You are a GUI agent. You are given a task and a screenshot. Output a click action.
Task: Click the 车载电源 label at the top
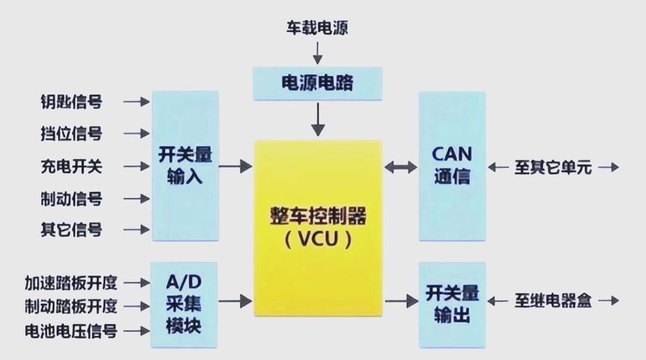[317, 28]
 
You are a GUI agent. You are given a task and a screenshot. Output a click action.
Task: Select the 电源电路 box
[317, 83]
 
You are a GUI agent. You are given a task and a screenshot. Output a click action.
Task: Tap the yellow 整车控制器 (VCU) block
[318, 228]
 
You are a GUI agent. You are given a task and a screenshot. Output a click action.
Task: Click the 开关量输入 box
[185, 166]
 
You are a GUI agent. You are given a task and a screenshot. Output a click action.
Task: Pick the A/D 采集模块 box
[184, 304]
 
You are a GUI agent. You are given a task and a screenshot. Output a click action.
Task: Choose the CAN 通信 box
[452, 166]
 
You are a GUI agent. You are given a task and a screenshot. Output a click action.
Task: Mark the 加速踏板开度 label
[71, 282]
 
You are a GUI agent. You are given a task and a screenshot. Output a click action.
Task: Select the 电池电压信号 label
[71, 331]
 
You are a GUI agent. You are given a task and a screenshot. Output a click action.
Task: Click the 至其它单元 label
[553, 167]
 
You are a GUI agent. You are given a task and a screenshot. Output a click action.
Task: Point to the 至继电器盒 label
[553, 301]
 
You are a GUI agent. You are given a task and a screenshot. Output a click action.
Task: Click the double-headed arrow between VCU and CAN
[400, 168]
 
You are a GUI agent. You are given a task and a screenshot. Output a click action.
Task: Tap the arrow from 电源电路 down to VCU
[318, 120]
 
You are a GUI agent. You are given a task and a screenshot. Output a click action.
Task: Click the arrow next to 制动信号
[137, 198]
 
